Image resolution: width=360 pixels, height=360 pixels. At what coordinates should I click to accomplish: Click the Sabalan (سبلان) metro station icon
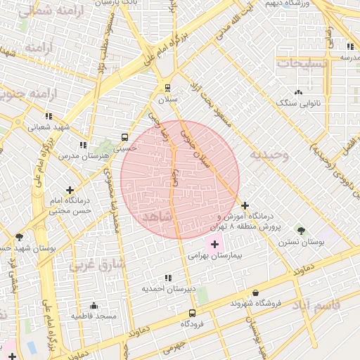coord(167,88)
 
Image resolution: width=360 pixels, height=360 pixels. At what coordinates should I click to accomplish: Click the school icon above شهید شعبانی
coord(48,116)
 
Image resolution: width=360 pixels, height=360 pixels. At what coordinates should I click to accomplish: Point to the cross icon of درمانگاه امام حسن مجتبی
coord(70,190)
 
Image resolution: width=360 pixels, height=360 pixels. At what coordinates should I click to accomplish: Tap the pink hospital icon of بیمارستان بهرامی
coord(214,244)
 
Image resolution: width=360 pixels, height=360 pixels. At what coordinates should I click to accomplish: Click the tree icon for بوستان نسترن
coord(301,230)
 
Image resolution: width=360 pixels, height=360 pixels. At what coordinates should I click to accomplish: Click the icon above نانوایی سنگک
coord(299,92)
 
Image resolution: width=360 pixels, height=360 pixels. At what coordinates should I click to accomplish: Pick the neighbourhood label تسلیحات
coord(303,63)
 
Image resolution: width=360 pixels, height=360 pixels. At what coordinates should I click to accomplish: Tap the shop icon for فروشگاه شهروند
coord(255,292)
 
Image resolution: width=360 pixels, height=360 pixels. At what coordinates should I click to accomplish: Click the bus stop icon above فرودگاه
coord(192,313)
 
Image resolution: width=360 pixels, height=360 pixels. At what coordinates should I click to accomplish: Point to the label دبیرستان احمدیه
coord(167,289)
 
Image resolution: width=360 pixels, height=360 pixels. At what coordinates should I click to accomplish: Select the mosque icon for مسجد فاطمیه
coord(94,306)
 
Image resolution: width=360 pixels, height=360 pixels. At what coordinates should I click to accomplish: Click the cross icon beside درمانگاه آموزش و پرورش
coord(245,205)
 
